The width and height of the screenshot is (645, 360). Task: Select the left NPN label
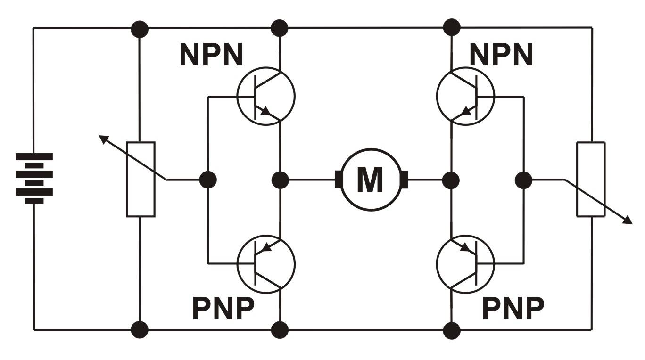click(x=211, y=56)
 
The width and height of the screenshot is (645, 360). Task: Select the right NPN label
click(x=501, y=56)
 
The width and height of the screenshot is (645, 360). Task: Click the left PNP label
click(x=223, y=309)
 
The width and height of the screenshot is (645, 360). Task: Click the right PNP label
click(x=513, y=309)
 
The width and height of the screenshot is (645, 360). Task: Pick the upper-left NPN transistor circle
click(x=266, y=96)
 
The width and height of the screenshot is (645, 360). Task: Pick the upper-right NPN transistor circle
click(x=466, y=96)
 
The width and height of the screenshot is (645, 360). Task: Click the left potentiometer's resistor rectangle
click(x=141, y=179)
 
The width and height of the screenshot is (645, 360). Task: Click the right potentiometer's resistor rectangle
click(x=591, y=179)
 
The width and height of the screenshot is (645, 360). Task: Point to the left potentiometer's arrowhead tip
click(x=100, y=136)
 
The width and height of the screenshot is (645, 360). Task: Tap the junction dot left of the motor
click(x=281, y=180)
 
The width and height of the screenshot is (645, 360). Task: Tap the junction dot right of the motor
click(x=452, y=180)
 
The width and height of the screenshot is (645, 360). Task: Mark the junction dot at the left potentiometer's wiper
click(x=207, y=180)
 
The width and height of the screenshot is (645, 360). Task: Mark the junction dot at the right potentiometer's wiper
click(x=523, y=180)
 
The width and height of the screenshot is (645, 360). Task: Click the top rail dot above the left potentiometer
click(x=140, y=28)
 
